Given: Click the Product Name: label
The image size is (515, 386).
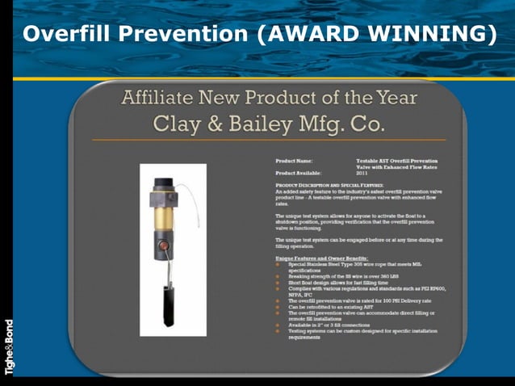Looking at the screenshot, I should coord(295,162).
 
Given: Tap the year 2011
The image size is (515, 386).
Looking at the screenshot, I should coord(363,173).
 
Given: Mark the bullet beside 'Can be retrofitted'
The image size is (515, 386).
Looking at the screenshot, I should coord(278,306).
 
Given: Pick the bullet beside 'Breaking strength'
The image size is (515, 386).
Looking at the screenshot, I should coord(278,277).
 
